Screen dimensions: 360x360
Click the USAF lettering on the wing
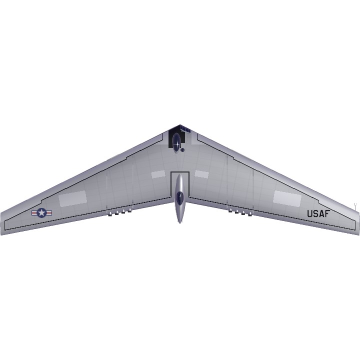[x=318, y=214]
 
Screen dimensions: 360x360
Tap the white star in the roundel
[x=41, y=213]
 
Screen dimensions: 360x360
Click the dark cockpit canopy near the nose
[x=176, y=142]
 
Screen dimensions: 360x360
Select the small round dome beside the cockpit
[x=182, y=150]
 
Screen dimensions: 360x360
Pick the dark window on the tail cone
[x=180, y=197]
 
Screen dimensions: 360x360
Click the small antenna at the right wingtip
[x=355, y=206]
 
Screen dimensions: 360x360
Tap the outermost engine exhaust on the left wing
[x=110, y=214]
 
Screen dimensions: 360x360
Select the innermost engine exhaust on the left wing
[x=129, y=210]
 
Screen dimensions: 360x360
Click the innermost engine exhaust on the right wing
[x=230, y=210]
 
